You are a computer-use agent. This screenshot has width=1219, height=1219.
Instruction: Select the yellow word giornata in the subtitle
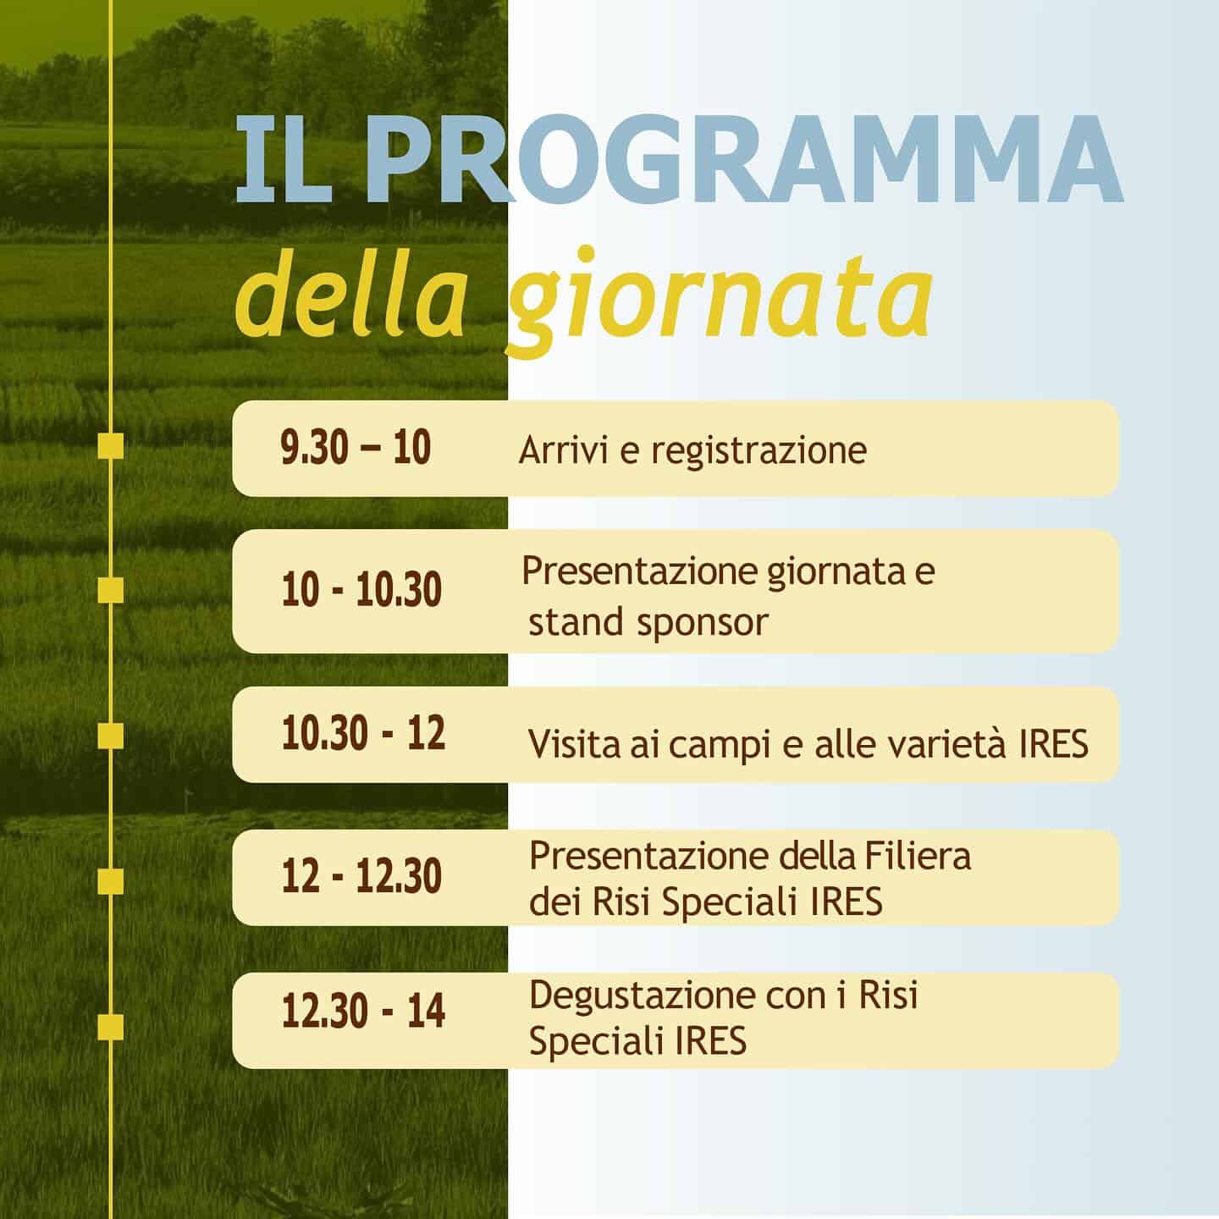pos(720,301)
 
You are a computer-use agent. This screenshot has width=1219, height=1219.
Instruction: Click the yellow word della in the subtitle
pos(351,295)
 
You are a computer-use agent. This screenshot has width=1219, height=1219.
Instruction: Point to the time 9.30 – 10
pos(356,447)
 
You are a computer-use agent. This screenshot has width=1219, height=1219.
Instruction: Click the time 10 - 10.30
pos(361,589)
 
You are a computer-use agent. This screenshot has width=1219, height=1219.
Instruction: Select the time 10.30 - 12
pos(363,733)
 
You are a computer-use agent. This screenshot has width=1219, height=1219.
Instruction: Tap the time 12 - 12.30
pos(361,876)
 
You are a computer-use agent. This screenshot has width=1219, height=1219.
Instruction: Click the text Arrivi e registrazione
pos(692,450)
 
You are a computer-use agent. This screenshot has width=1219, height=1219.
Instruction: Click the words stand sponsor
pos(648,622)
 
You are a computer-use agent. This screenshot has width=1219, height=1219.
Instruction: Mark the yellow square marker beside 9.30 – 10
pos(111,447)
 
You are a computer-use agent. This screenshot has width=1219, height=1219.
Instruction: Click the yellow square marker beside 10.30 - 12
pos(111,736)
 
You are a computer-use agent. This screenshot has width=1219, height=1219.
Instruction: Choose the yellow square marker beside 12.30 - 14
pos(111,1028)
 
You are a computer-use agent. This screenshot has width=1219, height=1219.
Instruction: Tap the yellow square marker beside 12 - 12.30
pos(111,882)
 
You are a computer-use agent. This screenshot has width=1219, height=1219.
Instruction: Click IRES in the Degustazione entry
pos(710,1040)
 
